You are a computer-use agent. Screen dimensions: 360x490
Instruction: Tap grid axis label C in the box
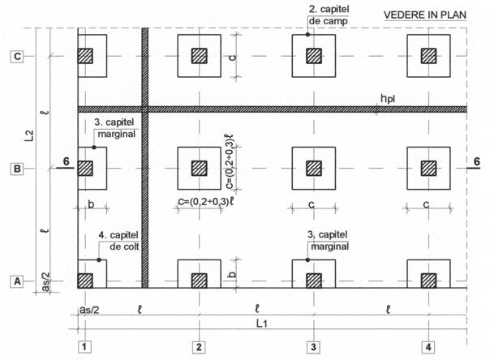(x=15, y=56)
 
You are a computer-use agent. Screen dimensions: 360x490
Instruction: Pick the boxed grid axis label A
(x=15, y=281)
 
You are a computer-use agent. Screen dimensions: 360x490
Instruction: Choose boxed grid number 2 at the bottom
(x=197, y=348)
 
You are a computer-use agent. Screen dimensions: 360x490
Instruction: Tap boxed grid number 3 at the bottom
(x=312, y=348)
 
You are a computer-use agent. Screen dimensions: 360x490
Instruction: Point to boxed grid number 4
(x=427, y=348)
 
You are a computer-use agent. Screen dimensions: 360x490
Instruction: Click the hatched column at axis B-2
(x=198, y=169)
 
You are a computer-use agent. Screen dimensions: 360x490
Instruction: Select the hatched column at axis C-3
(x=312, y=56)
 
